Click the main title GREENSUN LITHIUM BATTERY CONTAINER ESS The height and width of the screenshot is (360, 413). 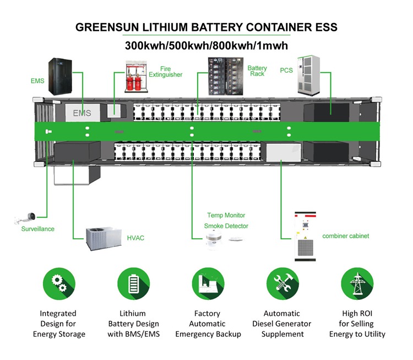206,27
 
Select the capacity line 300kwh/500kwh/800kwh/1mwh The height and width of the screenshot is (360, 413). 206,45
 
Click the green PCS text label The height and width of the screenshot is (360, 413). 286,71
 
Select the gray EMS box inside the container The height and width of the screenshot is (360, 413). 81,112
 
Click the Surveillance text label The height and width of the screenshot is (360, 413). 38,229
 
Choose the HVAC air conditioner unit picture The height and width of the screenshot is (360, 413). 102,238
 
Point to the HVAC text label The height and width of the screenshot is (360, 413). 135,238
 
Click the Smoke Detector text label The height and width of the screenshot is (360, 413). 226,226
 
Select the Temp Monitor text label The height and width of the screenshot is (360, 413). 226,215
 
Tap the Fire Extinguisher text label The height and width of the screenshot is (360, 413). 165,72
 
